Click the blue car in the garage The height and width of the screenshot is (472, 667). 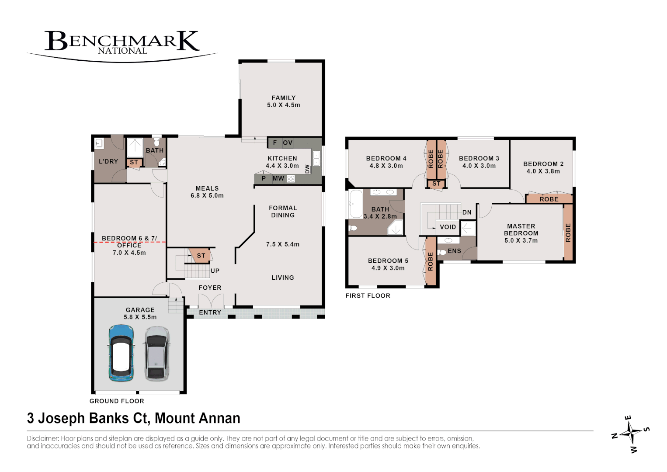pyautogui.click(x=121, y=353)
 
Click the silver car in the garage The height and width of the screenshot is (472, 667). pyautogui.click(x=157, y=353)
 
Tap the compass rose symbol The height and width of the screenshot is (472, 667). pyautogui.click(x=630, y=434)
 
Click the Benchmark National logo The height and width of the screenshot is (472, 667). pyautogui.click(x=122, y=44)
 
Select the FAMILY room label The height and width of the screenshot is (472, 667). pyautogui.click(x=284, y=98)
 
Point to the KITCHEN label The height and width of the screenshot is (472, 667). pyautogui.click(x=282, y=158)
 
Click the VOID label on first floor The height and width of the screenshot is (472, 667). pyautogui.click(x=448, y=227)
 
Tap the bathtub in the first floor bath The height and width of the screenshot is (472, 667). pyautogui.click(x=355, y=204)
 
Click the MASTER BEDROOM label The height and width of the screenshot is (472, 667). pyautogui.click(x=521, y=229)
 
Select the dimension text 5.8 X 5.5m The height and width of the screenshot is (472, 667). pyautogui.click(x=140, y=317)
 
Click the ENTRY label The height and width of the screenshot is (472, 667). pyautogui.click(x=210, y=312)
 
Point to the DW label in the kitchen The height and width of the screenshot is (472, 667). pyautogui.click(x=307, y=169)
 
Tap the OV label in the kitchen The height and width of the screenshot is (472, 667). pyautogui.click(x=287, y=142)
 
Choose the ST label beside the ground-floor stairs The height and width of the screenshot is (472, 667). pyautogui.click(x=201, y=256)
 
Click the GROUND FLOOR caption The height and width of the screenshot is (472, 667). pyautogui.click(x=117, y=401)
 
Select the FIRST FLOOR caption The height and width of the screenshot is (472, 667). pyautogui.click(x=368, y=295)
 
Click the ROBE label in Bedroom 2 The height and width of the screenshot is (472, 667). pyautogui.click(x=549, y=199)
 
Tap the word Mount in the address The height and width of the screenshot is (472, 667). pyautogui.click(x=173, y=418)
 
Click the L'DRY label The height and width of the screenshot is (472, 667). pyautogui.click(x=108, y=161)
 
